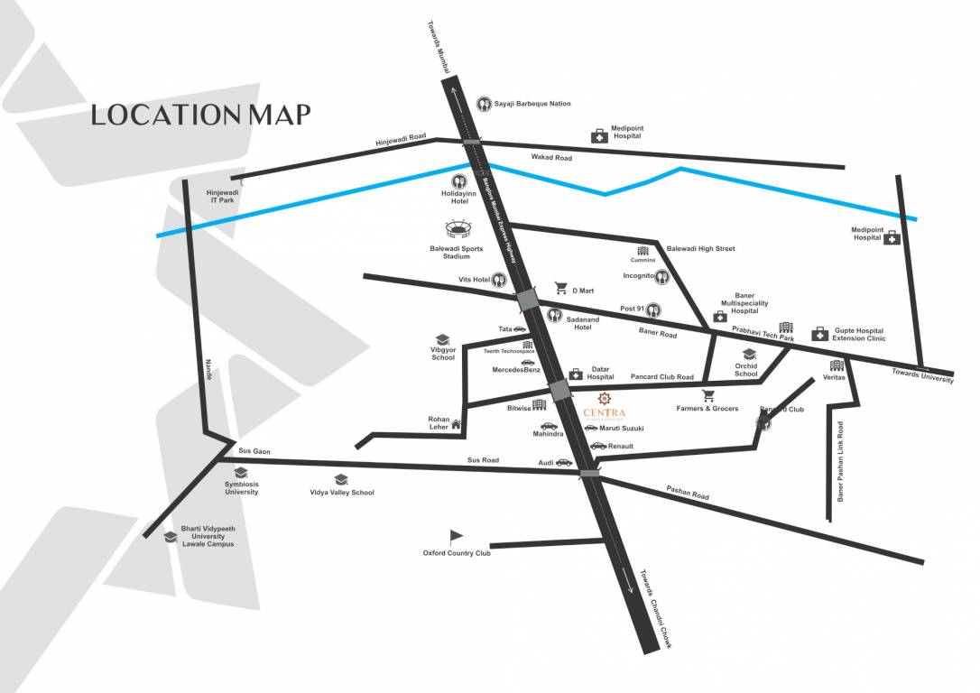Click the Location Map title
click(200, 115)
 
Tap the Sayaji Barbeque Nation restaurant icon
click(484, 104)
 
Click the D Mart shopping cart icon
click(560, 289)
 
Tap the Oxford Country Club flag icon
click(456, 536)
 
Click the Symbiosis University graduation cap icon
click(241, 472)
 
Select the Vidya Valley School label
click(341, 493)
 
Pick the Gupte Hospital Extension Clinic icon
click(819, 334)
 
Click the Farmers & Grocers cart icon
click(707, 395)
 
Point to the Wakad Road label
click(551, 158)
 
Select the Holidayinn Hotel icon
click(457, 180)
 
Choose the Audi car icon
click(564, 462)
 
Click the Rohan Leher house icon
click(457, 423)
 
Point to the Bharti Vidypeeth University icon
click(170, 537)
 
